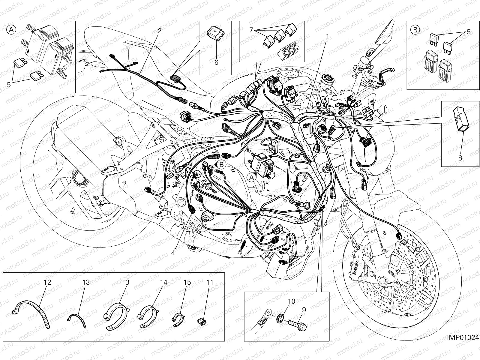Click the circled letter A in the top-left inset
point(11,30)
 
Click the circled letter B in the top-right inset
point(415,30)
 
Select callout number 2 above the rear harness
point(159,31)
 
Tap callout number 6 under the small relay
point(216,62)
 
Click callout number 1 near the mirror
point(328,36)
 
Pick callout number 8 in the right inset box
point(460,158)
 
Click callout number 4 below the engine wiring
point(173,253)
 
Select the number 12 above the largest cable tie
point(47,282)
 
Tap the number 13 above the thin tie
point(86,282)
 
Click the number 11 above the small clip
point(210,282)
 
